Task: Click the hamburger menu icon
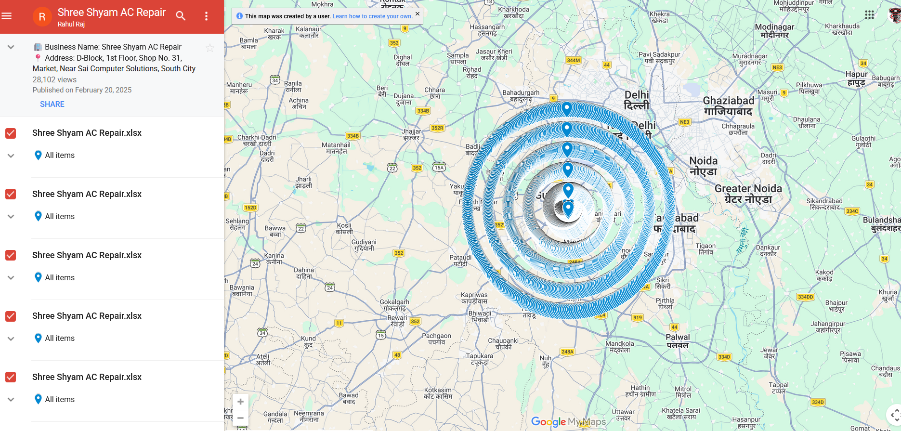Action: click(7, 16)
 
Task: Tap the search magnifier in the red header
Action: click(181, 16)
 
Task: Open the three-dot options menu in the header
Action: click(206, 16)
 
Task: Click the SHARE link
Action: click(52, 104)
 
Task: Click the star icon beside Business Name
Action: click(210, 48)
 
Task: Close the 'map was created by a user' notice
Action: click(418, 14)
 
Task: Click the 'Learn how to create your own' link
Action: click(372, 16)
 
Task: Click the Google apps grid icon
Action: click(869, 15)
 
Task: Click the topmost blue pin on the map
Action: click(567, 108)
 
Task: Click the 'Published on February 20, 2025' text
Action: click(82, 90)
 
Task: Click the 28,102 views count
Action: click(54, 80)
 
